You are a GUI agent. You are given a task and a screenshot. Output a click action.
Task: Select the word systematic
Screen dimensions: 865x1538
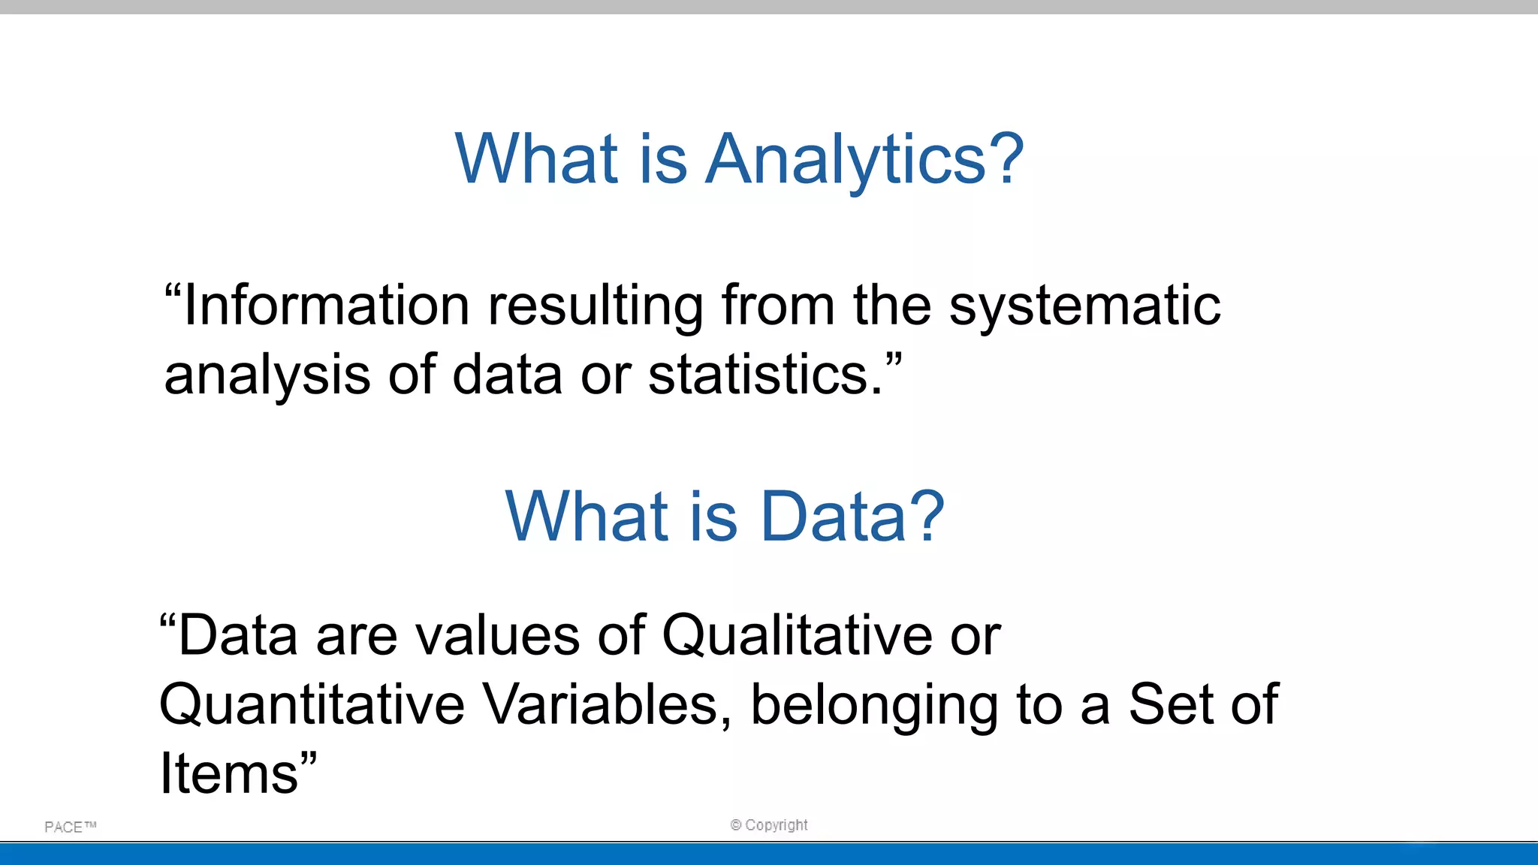(1084, 306)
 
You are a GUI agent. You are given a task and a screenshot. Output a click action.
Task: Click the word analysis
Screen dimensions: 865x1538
(267, 375)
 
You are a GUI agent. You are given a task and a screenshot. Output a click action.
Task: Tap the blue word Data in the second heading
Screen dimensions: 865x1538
(834, 517)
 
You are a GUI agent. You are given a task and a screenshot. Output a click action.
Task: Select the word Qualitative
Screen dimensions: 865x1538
(797, 635)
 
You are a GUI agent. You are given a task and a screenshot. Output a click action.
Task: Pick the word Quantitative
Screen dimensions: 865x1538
(312, 704)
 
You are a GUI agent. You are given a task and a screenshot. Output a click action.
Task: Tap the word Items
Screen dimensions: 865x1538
(229, 773)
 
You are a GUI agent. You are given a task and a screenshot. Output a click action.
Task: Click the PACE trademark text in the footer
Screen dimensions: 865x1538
(70, 827)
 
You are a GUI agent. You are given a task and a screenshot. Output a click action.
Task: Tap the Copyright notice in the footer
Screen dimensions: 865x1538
(769, 824)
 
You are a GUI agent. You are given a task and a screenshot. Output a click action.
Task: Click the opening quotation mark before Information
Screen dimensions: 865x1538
(173, 291)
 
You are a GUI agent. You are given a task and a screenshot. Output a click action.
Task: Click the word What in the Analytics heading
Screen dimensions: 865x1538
(536, 159)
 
